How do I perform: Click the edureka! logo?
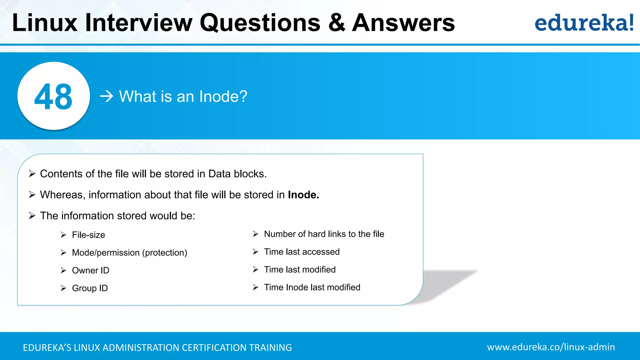tap(584, 23)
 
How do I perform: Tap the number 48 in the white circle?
tap(53, 97)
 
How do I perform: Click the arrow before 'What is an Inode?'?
tap(107, 96)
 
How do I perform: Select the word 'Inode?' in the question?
tap(223, 96)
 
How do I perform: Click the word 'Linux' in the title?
tap(45, 23)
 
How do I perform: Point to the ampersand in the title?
tap(337, 23)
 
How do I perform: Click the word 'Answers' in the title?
tap(403, 23)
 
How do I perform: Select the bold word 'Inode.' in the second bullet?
tap(303, 195)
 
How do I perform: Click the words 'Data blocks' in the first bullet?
tap(237, 174)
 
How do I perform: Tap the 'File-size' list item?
tap(88, 235)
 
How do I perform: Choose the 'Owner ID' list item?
tap(91, 270)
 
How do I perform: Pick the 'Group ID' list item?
tap(90, 288)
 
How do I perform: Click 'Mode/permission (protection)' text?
tap(129, 252)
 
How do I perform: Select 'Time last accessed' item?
tap(302, 252)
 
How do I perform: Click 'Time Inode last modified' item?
tap(312, 287)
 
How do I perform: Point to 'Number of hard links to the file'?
tap(324, 234)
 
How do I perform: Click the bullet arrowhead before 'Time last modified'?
tap(256, 269)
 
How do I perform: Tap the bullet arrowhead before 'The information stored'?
tap(32, 216)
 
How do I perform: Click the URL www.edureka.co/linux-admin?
tap(551, 347)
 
